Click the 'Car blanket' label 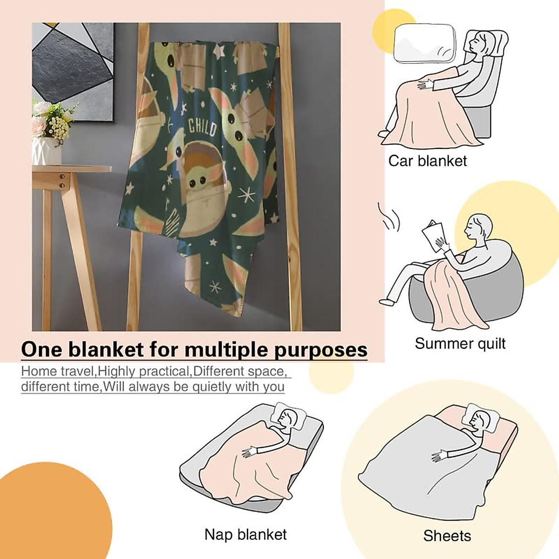point(427,161)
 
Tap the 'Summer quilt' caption point(460,344)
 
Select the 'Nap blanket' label point(245,534)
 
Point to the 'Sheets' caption point(447,536)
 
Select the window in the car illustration point(424,43)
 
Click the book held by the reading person point(431,234)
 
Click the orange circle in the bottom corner point(51,517)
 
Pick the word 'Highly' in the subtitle point(116,371)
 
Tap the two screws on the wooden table point(62,181)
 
